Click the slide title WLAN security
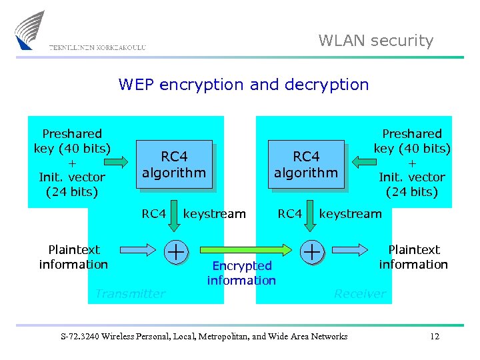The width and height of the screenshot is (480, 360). coord(375,41)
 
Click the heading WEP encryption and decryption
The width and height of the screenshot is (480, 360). coord(243,85)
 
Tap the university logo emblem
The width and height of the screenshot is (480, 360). coord(30,29)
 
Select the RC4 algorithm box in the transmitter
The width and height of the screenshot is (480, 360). coord(174,165)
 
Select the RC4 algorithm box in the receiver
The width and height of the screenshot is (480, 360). coord(306,165)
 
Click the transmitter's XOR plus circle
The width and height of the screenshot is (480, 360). coord(175,251)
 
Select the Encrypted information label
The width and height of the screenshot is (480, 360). coord(241,273)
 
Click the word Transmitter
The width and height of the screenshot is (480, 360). coord(130,293)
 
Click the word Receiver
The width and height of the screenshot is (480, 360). coord(359,293)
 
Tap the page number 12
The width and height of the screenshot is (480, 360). coord(435,337)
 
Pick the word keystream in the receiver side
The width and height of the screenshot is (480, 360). coord(350,213)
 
